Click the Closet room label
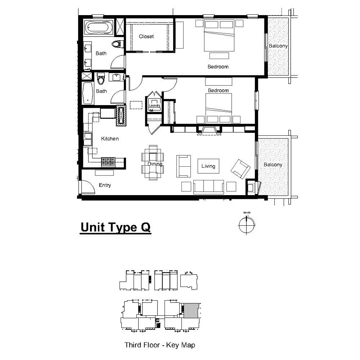(x=146, y=37)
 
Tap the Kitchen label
(x=110, y=139)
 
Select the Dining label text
(x=155, y=164)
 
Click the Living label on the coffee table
(x=208, y=166)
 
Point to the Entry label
(x=105, y=185)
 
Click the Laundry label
(x=155, y=105)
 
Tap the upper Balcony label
(x=278, y=46)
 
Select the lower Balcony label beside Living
(x=273, y=165)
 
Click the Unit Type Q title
(x=116, y=227)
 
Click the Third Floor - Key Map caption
(x=160, y=345)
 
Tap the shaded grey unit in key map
(x=191, y=311)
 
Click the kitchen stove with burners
(x=108, y=162)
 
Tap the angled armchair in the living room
(x=240, y=169)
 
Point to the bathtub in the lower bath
(x=88, y=93)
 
